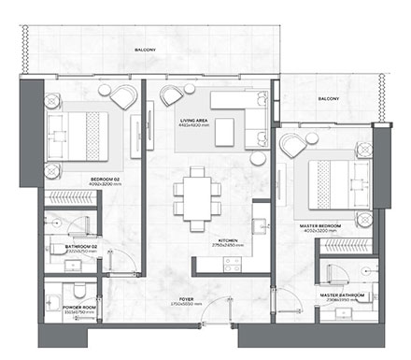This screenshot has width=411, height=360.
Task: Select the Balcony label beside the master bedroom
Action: [x=327, y=96]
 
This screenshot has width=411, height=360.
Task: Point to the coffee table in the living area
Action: [x=224, y=135]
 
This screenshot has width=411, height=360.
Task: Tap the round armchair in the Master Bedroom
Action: [x=292, y=144]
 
